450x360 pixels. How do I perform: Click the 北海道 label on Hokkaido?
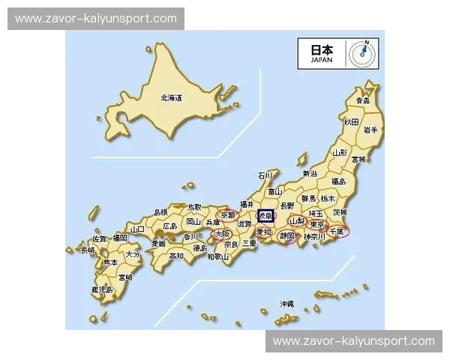click(171, 98)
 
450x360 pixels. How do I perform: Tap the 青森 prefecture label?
click(363, 100)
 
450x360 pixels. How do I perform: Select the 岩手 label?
click(370, 129)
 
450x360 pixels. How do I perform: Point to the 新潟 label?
click(310, 173)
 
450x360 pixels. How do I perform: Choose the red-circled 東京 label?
click(317, 224)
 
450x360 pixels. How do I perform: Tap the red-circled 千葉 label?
click(336, 232)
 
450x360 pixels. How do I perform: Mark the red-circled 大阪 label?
click(223, 233)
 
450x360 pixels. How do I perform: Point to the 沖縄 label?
click(286, 304)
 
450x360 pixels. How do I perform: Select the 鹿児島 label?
click(101, 289)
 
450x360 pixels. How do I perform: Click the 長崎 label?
click(88, 250)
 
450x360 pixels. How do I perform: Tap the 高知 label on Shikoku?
click(176, 255)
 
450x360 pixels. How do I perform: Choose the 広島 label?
click(169, 225)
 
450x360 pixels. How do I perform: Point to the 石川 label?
click(265, 175)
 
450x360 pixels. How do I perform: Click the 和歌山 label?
click(218, 256)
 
